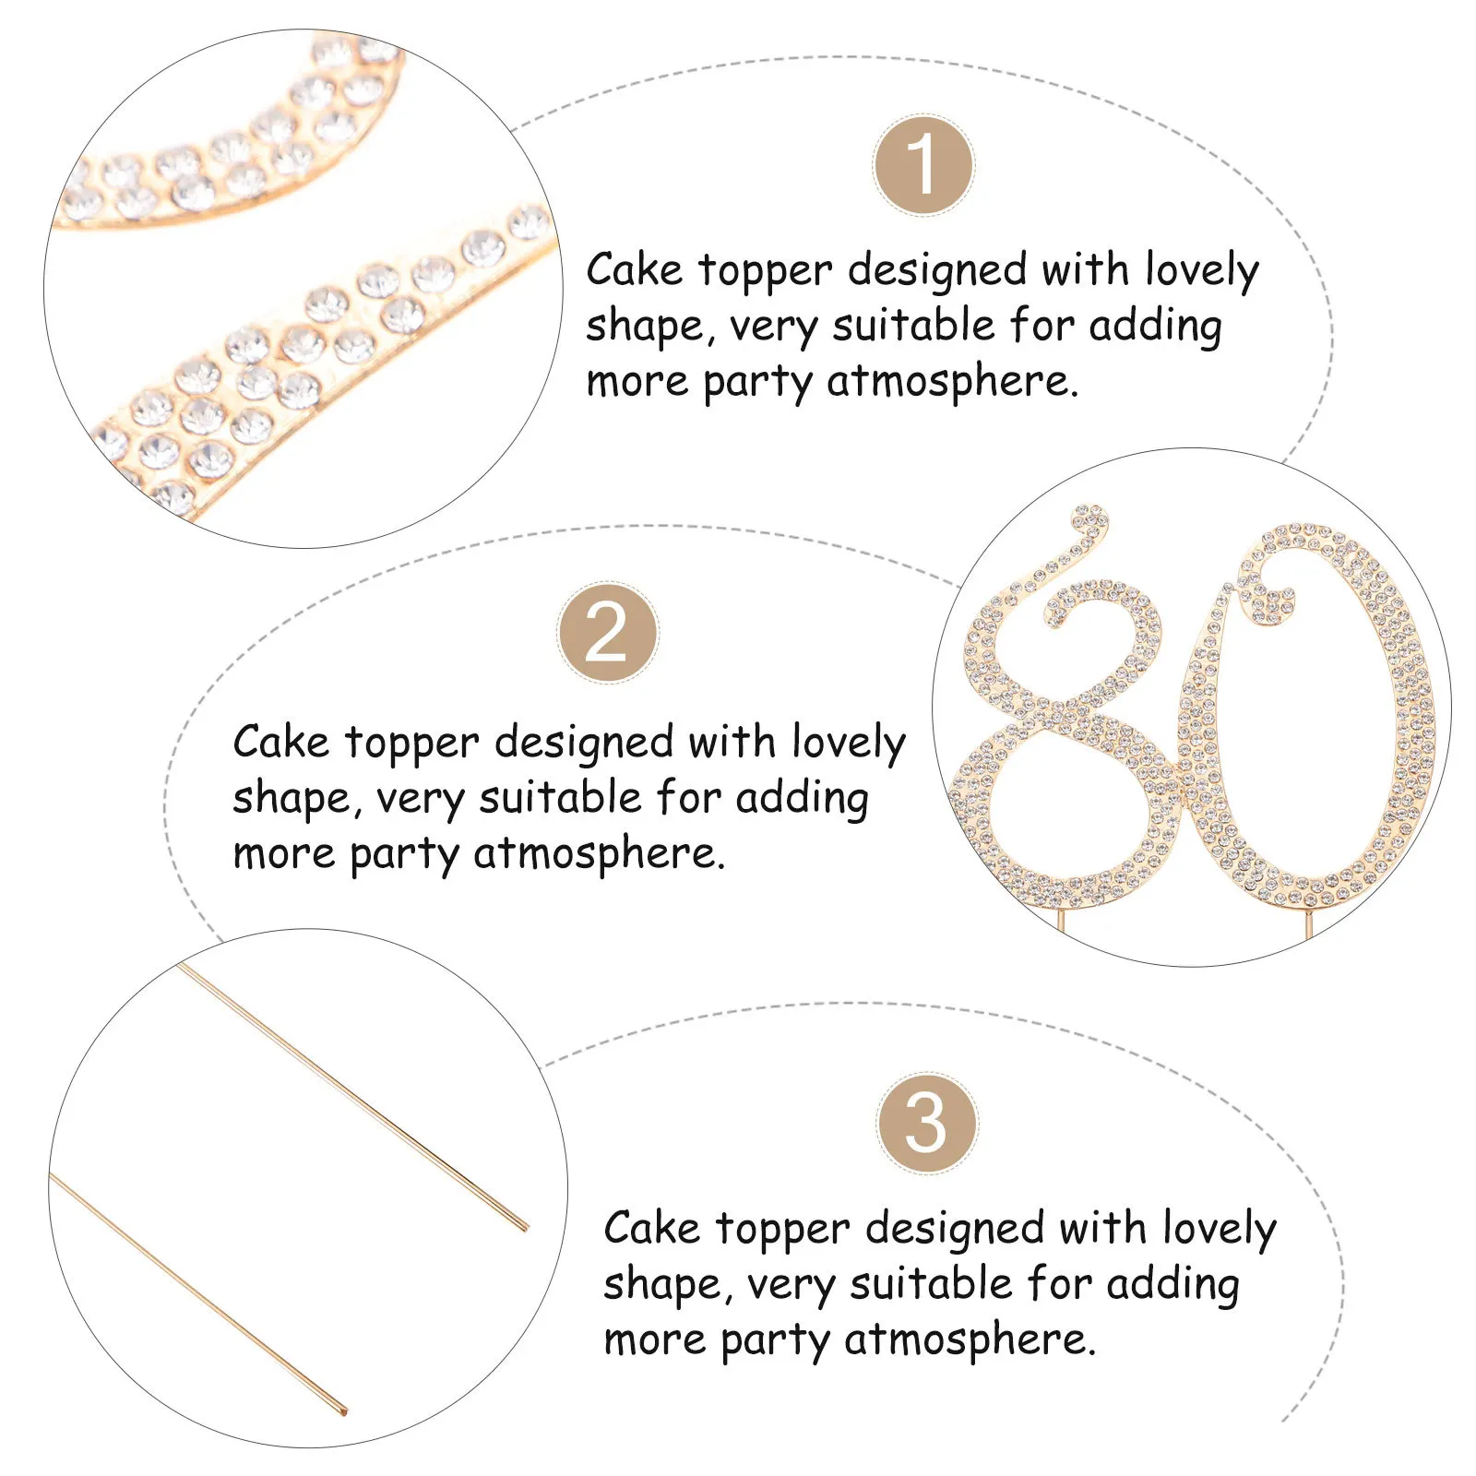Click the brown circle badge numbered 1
(x=922, y=166)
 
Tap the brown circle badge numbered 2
(x=608, y=633)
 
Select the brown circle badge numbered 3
(x=926, y=1123)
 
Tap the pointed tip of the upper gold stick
(x=525, y=1228)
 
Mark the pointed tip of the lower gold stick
(x=344, y=1411)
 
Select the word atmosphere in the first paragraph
(x=951, y=381)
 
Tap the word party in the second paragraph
(x=405, y=854)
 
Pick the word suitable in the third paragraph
(x=931, y=1284)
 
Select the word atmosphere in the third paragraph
(x=969, y=1339)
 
